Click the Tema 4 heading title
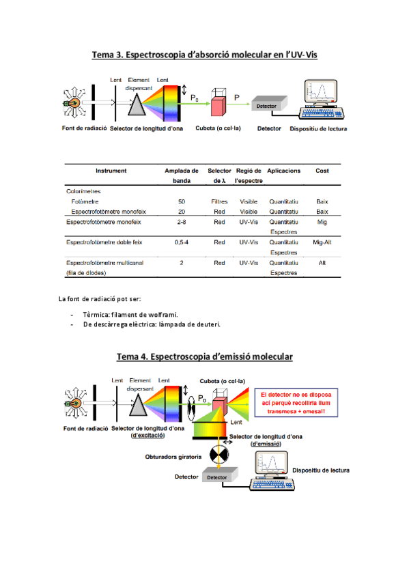pyautogui.click(x=204, y=356)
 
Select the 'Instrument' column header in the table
pyautogui.click(x=111, y=171)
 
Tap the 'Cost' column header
pyautogui.click(x=322, y=171)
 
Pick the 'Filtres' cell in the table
pyautogui.click(x=219, y=202)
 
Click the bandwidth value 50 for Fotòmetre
pyautogui.click(x=181, y=202)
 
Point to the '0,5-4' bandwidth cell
pyautogui.click(x=182, y=242)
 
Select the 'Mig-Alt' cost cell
pyautogui.click(x=322, y=242)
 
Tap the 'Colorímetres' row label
pyautogui.click(x=83, y=192)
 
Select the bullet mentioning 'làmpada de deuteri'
pyautogui.click(x=152, y=324)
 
